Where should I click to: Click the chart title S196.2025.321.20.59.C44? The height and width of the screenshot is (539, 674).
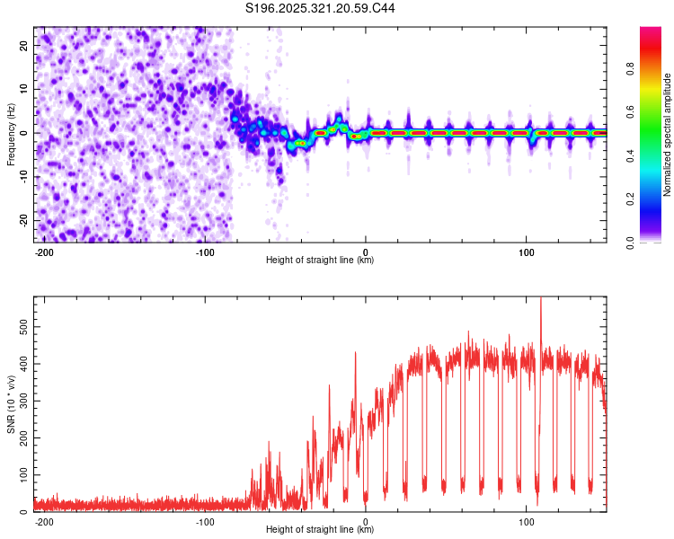pos(321,9)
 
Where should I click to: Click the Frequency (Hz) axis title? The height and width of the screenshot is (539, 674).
pos(11,134)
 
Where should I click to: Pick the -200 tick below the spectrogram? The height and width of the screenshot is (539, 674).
pos(43,251)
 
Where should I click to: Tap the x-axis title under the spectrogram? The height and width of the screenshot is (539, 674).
pos(320,260)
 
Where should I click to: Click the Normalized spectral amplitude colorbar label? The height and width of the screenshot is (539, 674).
pos(668,135)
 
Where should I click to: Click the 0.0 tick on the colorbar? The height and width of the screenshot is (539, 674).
pos(655,241)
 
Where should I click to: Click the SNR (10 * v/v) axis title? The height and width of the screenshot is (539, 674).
pos(11,403)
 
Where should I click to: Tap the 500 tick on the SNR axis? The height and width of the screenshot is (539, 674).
pos(23,326)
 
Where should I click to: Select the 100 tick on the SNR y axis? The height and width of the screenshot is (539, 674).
pos(23,473)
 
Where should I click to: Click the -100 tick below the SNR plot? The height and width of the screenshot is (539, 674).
pos(205,520)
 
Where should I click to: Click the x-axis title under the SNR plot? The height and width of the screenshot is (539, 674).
pos(320,529)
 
